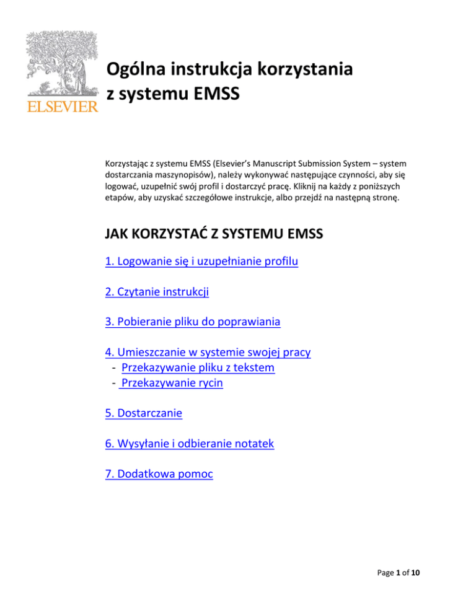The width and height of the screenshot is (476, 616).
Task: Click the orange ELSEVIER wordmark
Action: pyautogui.click(x=61, y=107)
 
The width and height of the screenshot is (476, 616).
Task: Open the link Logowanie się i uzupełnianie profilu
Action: pyautogui.click(x=202, y=262)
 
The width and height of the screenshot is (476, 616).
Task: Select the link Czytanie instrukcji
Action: pyautogui.click(x=157, y=291)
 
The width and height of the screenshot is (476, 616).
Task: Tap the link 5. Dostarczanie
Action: pyautogui.click(x=144, y=413)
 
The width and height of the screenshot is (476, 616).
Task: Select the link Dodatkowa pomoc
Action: pyautogui.click(x=159, y=474)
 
